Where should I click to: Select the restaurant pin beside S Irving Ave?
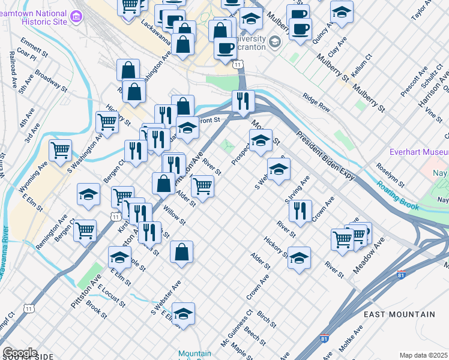point(300,211)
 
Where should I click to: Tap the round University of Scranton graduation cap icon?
point(274,41)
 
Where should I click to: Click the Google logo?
point(20,353)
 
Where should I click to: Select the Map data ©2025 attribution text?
point(424,355)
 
